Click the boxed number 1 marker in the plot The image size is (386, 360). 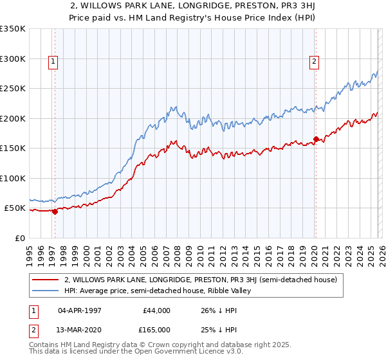click(53, 62)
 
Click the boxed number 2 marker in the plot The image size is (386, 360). click(314, 62)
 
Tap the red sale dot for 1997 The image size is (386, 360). click(55, 212)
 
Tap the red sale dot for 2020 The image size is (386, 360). click(316, 139)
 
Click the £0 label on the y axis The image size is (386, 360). click(19, 238)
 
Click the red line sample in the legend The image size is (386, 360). click(45, 280)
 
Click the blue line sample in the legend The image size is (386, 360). click(45, 291)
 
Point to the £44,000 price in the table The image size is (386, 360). click(156, 310)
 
